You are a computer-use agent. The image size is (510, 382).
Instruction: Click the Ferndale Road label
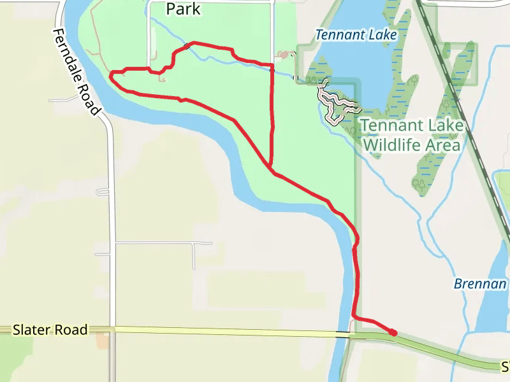77,72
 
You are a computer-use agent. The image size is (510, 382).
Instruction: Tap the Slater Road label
50,330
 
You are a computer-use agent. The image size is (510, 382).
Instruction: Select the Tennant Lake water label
356,34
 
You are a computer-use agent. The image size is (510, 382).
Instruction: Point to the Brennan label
481,284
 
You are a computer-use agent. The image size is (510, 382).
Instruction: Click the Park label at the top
183,9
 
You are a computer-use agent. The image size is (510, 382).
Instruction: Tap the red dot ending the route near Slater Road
393,332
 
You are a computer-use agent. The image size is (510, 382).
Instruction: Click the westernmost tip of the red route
111,76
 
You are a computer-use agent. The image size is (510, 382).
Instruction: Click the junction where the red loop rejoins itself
271,169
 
